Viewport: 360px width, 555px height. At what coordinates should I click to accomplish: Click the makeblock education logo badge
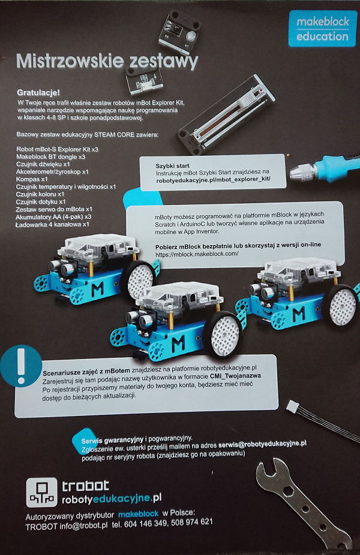(322, 29)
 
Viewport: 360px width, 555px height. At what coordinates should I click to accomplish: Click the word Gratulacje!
(38, 93)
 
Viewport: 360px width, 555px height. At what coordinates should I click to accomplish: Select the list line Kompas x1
(32, 179)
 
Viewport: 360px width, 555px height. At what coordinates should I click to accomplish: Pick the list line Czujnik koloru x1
(40, 194)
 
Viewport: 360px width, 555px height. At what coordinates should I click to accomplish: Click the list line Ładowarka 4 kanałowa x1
(52, 224)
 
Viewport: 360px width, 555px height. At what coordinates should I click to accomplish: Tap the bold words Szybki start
(173, 165)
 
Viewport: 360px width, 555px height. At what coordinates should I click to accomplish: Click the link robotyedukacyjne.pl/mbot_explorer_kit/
(214, 179)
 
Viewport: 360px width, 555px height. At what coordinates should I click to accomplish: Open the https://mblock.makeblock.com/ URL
(197, 254)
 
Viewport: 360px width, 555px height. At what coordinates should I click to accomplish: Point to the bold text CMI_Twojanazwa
(236, 376)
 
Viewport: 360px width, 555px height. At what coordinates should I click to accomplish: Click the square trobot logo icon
(41, 492)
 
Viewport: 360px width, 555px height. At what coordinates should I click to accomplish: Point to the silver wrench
(302, 505)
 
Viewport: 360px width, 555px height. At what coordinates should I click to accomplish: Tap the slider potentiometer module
(226, 114)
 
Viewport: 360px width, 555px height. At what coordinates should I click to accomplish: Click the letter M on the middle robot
(178, 343)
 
